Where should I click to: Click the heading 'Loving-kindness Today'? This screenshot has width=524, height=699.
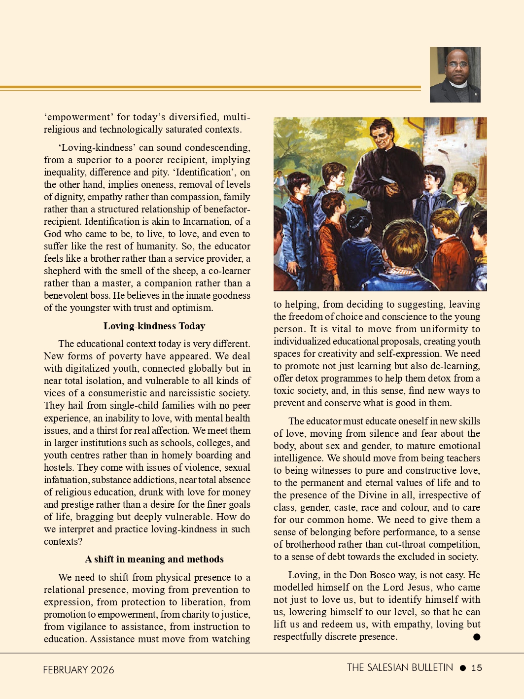click(x=154, y=326)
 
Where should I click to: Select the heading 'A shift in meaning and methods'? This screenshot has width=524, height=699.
click(x=154, y=559)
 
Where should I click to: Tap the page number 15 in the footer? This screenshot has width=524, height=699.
click(x=477, y=668)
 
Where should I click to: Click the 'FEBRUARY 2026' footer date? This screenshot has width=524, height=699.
click(x=78, y=669)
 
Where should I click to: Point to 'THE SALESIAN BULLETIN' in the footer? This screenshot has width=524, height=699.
click(x=400, y=667)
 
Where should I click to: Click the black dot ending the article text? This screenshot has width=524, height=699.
click(x=477, y=637)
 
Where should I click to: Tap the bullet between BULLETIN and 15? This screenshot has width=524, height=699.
click(x=462, y=668)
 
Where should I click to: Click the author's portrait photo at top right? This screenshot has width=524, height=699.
click(x=455, y=74)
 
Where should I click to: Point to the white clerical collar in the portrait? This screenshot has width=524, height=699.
click(x=456, y=85)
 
